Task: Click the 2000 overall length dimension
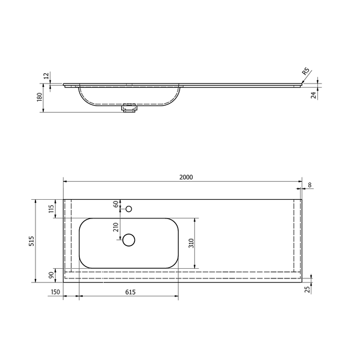(186, 177)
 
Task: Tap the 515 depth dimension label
(31, 241)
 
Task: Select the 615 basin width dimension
(130, 292)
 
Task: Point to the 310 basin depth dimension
(191, 243)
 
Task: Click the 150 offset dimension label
(55, 292)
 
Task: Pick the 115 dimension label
(51, 209)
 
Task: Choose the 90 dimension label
(52, 275)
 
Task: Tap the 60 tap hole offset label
(116, 204)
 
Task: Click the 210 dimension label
(116, 227)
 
